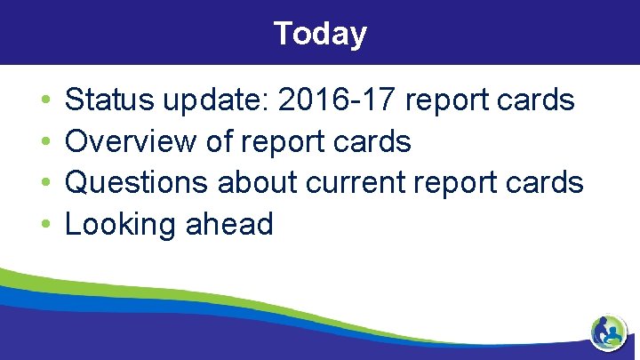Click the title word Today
tap(320, 33)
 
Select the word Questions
tap(138, 182)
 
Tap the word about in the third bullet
tap(258, 182)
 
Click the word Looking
tap(121, 224)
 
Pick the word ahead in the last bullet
tap(228, 223)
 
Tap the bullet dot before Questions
tap(44, 183)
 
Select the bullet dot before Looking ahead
tap(44, 224)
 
